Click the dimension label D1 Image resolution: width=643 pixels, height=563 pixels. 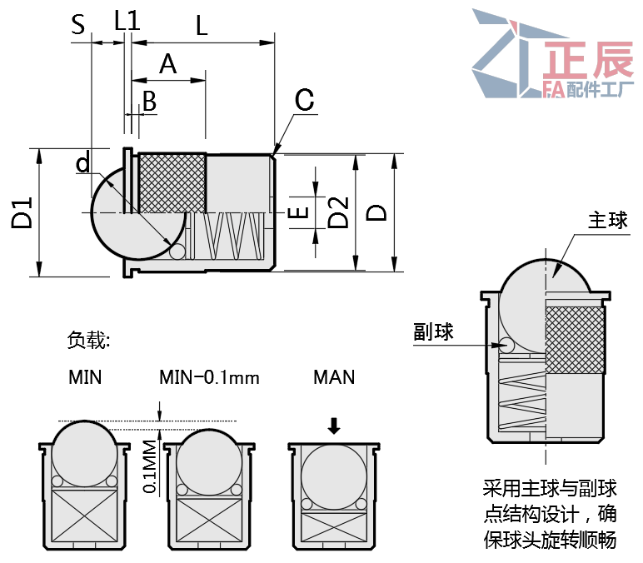22,213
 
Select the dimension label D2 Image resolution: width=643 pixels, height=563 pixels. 337,213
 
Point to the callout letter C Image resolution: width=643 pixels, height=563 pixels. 304,101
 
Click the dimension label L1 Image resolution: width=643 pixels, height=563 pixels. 127,22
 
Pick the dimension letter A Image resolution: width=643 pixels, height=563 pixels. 168,63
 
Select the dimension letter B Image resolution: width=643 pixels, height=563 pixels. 149,101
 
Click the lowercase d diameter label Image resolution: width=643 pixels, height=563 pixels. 82,162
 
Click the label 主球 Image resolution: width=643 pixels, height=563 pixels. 607,221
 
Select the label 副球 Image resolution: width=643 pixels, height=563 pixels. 433,331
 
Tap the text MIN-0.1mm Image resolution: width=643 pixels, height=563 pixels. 209,377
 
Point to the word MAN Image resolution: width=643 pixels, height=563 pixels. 334,377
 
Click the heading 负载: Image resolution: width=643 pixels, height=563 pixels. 88,340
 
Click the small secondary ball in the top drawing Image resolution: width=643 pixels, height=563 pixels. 177,251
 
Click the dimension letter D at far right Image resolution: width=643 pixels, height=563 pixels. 377,213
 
